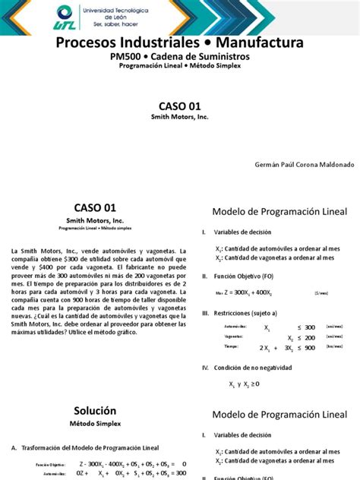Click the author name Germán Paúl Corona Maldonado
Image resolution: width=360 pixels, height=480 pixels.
point(292,164)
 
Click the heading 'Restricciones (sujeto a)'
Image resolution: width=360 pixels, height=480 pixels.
point(246,312)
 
